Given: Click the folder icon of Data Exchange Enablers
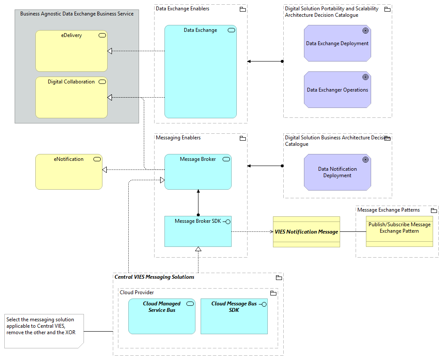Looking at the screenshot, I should click(x=242, y=9).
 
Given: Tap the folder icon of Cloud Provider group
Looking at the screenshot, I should click(x=273, y=293).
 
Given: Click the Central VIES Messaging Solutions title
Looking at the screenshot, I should click(x=154, y=277).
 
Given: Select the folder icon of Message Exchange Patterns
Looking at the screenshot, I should click(x=434, y=210).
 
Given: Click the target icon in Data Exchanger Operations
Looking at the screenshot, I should click(x=365, y=77).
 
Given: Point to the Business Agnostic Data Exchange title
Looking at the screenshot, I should click(x=77, y=14).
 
